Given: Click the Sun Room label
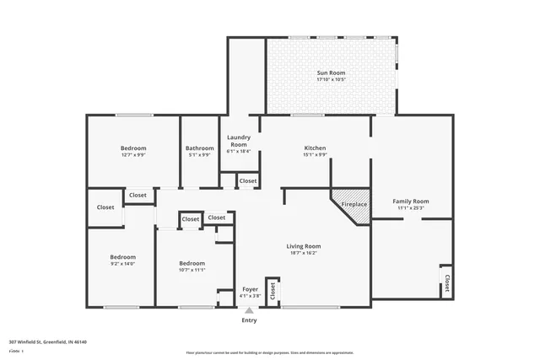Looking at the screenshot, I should pyautogui.click(x=331, y=73).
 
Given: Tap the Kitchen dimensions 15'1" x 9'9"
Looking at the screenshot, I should pyautogui.click(x=315, y=155).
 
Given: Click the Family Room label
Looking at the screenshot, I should pyautogui.click(x=411, y=201).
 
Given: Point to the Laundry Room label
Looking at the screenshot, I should pyautogui.click(x=239, y=141).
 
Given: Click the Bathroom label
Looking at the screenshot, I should pyautogui.click(x=200, y=148).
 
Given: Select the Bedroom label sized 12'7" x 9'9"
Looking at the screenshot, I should pyautogui.click(x=132, y=148).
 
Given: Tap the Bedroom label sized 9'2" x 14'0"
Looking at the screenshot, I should pyautogui.click(x=122, y=257).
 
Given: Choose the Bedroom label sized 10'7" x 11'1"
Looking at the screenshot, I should pyautogui.click(x=192, y=263).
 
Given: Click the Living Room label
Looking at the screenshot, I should pyautogui.click(x=305, y=246).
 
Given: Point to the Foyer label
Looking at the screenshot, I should pyautogui.click(x=250, y=289).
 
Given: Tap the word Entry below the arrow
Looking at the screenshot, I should pyautogui.click(x=249, y=320).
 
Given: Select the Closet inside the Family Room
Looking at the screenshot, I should pyautogui.click(x=446, y=281).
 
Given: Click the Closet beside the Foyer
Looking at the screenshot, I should pyautogui.click(x=273, y=290).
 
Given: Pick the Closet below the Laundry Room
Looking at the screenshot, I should pyautogui.click(x=248, y=180).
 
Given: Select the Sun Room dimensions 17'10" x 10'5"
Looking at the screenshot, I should pyautogui.click(x=331, y=80).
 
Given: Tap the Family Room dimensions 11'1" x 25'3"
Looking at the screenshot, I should pyautogui.click(x=411, y=208).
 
